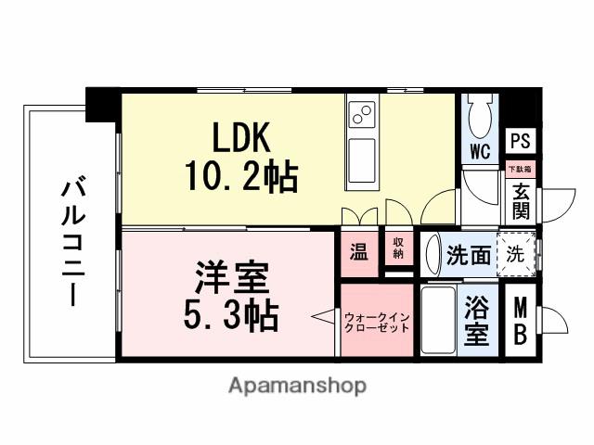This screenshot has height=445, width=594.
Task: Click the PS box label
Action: pos(520,142)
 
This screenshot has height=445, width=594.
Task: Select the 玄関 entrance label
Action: pos(520,200)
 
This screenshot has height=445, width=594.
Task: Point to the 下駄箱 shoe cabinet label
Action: pos(520,169)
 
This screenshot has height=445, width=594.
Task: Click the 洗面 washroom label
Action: pos(469,256)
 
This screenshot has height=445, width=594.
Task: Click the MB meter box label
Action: pos(522,317)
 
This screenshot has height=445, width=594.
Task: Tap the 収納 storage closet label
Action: pos(397,250)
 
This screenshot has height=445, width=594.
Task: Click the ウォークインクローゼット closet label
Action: pos(377,322)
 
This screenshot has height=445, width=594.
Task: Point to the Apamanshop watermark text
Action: pos(296,385)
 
